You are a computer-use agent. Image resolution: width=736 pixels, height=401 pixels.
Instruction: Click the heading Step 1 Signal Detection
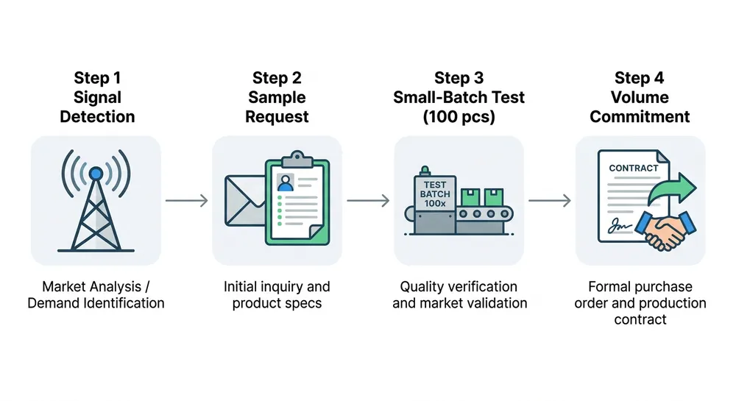click(97, 97)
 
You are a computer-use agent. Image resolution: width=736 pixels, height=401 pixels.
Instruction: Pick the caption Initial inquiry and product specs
click(277, 294)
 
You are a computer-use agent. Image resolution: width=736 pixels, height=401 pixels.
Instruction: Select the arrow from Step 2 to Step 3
click(367, 200)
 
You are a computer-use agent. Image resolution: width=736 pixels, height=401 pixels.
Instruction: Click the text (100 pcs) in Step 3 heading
click(459, 116)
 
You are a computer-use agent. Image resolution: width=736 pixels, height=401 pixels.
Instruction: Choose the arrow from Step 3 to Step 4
click(549, 200)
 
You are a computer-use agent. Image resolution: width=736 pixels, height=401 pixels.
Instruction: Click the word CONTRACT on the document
click(633, 168)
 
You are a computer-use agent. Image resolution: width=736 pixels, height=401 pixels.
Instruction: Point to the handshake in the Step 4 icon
click(667, 231)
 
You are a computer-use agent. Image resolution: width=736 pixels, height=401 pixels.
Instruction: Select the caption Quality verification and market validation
click(459, 294)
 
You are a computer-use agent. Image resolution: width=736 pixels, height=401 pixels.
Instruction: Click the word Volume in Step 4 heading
click(640, 97)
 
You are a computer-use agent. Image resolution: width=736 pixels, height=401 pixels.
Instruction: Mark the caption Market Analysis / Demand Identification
click(96, 294)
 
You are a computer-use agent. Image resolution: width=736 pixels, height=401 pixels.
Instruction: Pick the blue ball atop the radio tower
click(96, 173)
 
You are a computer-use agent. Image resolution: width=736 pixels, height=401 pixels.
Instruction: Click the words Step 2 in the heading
click(277, 78)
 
